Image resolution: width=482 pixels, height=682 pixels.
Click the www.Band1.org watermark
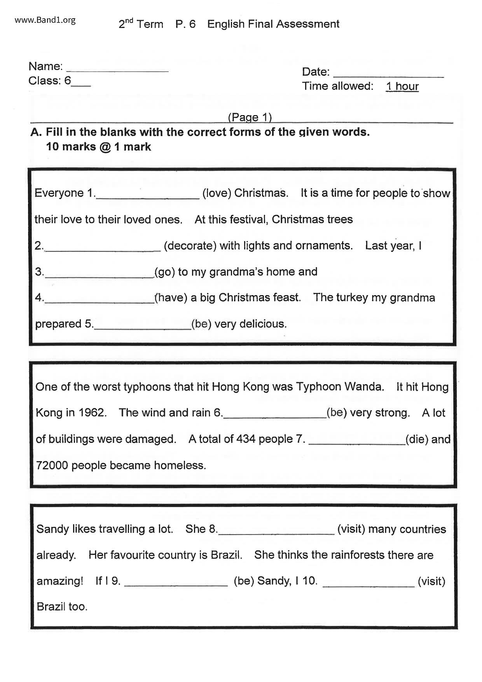45,20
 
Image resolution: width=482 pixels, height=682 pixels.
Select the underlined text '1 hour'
402,86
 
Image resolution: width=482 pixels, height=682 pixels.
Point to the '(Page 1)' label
250,117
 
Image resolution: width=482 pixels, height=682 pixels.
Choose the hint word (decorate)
190,246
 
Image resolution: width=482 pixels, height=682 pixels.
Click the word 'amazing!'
60,581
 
